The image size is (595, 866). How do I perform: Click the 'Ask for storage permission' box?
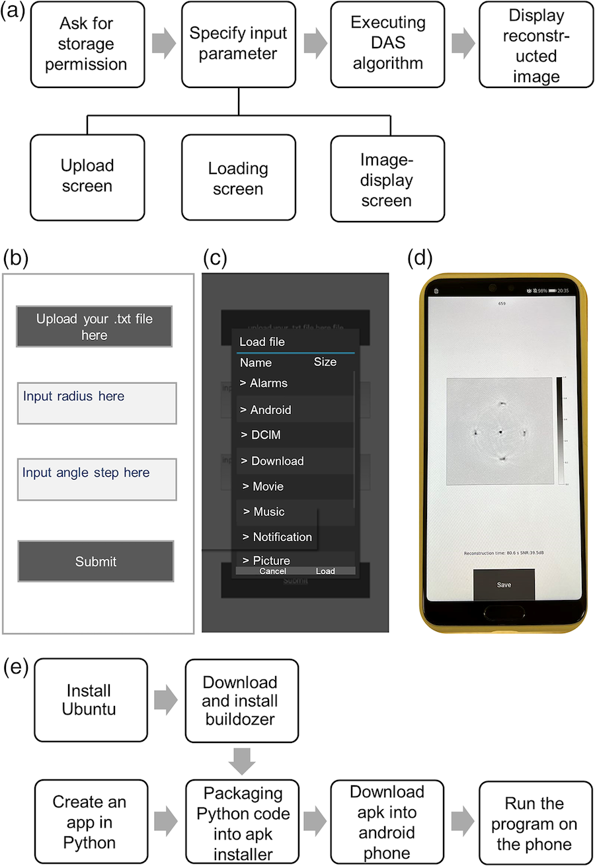[87, 44]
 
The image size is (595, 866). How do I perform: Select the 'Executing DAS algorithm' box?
[387, 44]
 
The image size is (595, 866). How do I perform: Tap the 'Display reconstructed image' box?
[536, 44]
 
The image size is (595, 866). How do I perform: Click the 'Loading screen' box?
[238, 178]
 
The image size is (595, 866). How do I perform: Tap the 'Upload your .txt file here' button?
[95, 327]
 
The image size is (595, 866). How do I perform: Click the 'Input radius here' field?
[97, 403]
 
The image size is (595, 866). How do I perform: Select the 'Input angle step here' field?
[97, 480]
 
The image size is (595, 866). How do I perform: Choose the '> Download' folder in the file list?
[295, 461]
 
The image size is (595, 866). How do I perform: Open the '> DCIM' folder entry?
[295, 435]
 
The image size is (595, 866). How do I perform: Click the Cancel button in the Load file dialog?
[272, 571]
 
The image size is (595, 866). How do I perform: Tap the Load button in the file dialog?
[325, 571]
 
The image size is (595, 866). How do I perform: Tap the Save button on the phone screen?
[504, 585]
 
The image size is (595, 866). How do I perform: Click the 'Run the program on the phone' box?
[536, 824]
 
